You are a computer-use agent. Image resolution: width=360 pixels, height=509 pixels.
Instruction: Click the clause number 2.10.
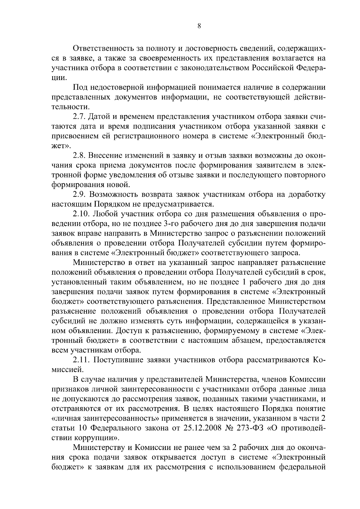coord(82,214)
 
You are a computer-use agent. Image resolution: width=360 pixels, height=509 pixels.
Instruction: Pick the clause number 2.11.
coord(82,360)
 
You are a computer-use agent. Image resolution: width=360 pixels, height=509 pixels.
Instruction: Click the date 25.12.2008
coord(200,428)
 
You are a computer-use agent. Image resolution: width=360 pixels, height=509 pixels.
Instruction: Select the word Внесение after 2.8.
coord(106,156)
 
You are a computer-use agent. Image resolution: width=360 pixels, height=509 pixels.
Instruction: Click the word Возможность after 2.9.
coord(112,195)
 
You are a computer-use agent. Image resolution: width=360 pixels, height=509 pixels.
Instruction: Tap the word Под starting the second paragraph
coord(79,88)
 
